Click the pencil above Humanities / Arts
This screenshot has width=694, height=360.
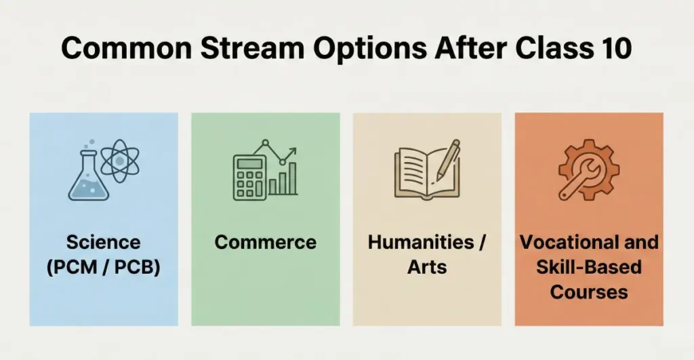(447, 159)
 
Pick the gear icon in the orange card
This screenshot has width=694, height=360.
(588, 169)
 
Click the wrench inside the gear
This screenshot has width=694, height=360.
(584, 172)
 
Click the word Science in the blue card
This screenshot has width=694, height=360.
(103, 242)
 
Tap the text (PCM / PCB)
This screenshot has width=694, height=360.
(103, 267)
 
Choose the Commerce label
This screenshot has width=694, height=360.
(265, 242)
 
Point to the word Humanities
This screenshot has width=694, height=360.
(420, 242)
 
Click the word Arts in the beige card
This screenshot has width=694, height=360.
(427, 267)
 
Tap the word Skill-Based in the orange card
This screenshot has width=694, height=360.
(589, 267)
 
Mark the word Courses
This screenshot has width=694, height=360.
(589, 292)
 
